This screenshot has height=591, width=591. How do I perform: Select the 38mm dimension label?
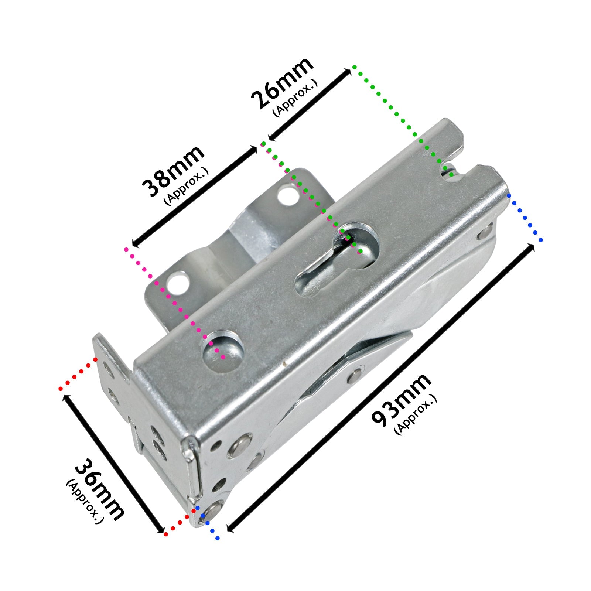(x=173, y=171)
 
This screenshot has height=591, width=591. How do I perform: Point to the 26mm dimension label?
(x=282, y=83)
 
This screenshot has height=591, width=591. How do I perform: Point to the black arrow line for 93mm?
(x=380, y=387)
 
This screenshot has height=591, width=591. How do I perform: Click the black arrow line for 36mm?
(x=114, y=464)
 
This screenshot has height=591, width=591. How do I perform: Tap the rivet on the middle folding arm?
(x=355, y=374)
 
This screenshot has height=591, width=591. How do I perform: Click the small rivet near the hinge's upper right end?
(x=484, y=233)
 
